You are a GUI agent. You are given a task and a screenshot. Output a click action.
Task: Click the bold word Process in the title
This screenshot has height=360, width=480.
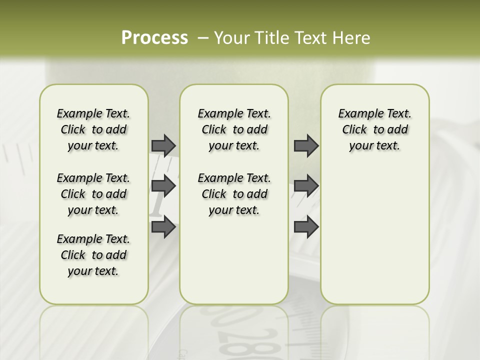point(154,38)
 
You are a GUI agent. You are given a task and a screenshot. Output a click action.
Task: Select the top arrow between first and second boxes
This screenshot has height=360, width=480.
point(163,145)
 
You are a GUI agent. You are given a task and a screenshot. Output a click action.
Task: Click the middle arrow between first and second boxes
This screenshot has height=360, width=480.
point(163,186)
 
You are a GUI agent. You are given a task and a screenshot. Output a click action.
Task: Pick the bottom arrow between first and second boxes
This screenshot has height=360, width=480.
point(163,227)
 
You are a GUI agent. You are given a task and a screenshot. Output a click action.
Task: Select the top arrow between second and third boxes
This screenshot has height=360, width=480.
point(306,145)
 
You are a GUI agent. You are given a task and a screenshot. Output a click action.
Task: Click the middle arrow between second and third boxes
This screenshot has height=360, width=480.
point(306,186)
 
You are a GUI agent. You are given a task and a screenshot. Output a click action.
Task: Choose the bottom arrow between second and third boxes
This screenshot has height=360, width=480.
point(306,227)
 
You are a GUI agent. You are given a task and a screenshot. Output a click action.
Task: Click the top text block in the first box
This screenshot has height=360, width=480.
point(93,129)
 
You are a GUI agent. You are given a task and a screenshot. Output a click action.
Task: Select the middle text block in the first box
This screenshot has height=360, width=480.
point(93,194)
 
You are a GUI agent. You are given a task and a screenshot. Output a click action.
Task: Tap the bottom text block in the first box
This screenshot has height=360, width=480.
point(93,255)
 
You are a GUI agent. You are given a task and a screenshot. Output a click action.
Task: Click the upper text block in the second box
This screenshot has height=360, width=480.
point(234,129)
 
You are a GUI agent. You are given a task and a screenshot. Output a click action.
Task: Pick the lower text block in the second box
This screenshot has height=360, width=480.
point(234,194)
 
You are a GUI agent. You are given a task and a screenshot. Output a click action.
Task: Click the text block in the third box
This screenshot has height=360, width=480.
point(374,129)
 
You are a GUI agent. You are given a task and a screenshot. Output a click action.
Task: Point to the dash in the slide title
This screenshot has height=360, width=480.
point(203,38)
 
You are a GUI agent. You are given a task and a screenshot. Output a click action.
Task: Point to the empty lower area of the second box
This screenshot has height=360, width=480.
point(234,260)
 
